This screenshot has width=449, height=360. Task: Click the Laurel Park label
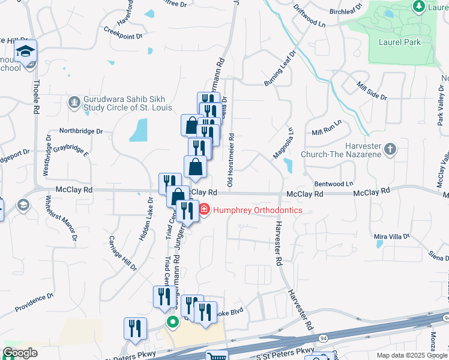(x=399, y=42)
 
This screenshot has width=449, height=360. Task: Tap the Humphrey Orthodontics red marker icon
(x=204, y=210)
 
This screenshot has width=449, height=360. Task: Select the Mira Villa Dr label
(x=391, y=237)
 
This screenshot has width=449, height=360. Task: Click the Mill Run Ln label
(x=327, y=127)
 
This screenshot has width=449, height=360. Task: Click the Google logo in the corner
(x=20, y=353)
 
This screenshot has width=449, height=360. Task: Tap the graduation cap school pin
(x=26, y=52)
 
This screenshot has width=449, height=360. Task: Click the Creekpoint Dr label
(x=122, y=32)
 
